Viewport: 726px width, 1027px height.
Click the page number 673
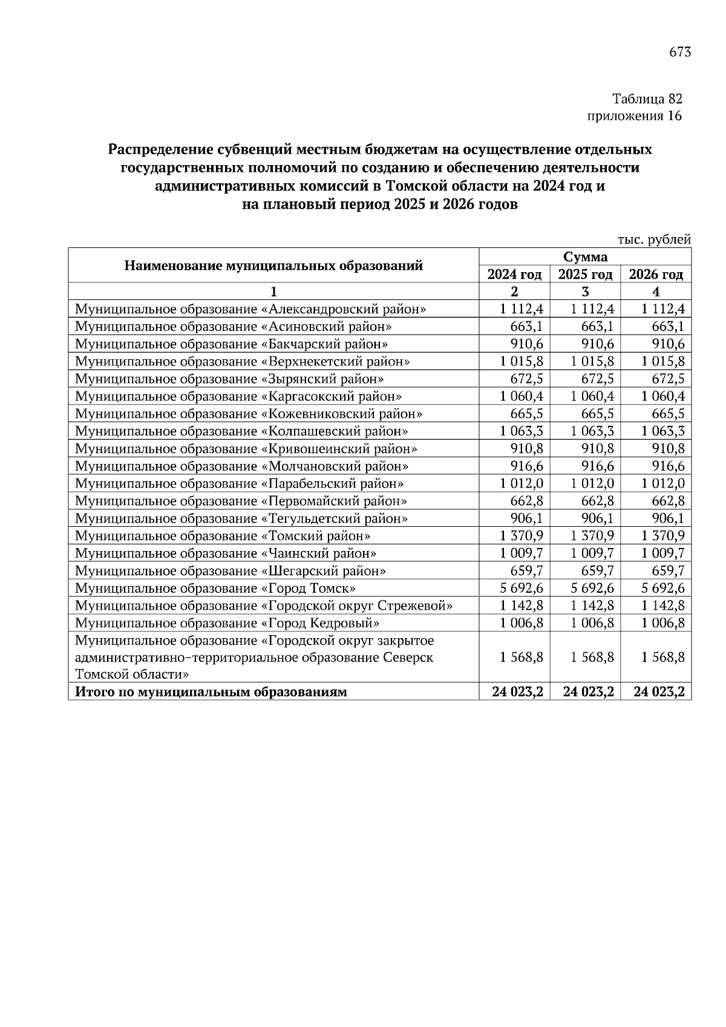point(679,52)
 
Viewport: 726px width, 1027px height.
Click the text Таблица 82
point(647,99)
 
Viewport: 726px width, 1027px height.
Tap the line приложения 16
point(635,116)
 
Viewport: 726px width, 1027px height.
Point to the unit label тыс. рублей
point(653,240)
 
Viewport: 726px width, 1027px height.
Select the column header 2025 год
point(585,275)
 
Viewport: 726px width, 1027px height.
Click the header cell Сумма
point(585,257)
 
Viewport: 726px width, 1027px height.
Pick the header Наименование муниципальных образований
point(273,266)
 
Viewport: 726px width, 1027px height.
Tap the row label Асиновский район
point(234,327)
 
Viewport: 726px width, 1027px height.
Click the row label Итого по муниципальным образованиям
point(211,692)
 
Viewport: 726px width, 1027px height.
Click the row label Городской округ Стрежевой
point(264,606)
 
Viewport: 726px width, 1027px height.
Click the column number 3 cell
point(585,292)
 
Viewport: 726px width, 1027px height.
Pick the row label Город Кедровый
point(227,623)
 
